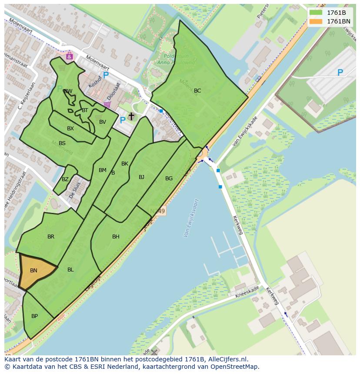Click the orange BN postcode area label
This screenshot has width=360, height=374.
click(33, 271)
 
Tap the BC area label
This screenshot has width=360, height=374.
click(197, 91)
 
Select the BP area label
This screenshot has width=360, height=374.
click(34, 316)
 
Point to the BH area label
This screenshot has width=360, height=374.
click(116, 237)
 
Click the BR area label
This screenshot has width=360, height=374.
click(51, 237)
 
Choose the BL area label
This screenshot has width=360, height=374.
click(70, 270)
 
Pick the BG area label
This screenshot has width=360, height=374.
click(169, 179)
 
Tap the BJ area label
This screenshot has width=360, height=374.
click(141, 177)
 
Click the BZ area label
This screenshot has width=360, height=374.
click(65, 179)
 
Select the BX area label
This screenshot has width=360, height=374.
click(70, 129)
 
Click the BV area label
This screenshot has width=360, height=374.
click(103, 122)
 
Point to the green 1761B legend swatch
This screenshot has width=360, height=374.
click(316, 13)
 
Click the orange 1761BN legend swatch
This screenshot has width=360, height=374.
click(316, 21)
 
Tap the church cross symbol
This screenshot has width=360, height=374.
click(131, 116)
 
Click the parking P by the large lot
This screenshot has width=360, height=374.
click(340, 73)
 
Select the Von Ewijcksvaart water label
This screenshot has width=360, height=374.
click(191, 218)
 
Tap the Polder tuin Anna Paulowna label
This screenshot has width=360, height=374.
click(179, 59)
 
